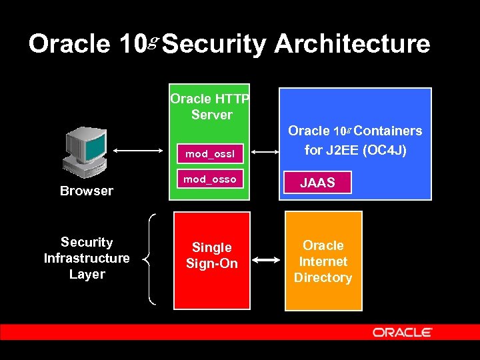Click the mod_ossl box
point(209,154)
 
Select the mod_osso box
point(209,180)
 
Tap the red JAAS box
point(317,183)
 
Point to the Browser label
point(87,191)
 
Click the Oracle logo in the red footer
point(403,332)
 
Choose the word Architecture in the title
point(352,45)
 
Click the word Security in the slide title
point(213,45)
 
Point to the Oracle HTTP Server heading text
point(209,107)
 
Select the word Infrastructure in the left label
point(87,258)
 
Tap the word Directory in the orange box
point(323,277)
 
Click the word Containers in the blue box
point(392,131)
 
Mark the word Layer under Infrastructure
point(87,274)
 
